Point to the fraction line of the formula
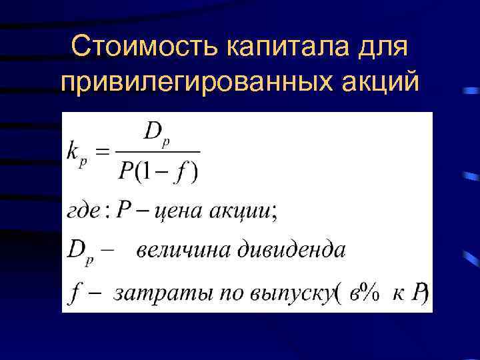point(158,153)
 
